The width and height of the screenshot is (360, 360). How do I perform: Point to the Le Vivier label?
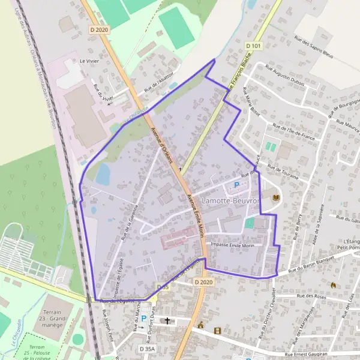click(x=89, y=61)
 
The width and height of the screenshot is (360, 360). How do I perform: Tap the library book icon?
click(x=276, y=198)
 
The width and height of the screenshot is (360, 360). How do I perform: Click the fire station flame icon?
click(x=334, y=284)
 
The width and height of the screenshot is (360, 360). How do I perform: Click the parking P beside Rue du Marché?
click(x=143, y=318)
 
